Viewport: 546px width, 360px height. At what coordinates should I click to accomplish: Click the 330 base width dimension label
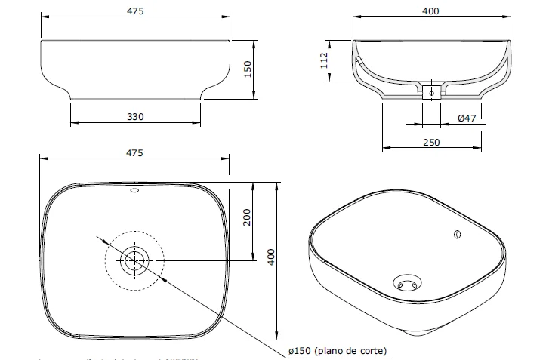click(x=135, y=116)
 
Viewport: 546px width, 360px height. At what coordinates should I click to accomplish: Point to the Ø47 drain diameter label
click(x=467, y=118)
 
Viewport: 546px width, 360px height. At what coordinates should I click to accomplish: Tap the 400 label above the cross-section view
click(x=430, y=11)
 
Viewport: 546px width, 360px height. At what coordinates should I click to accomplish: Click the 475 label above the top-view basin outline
click(x=134, y=152)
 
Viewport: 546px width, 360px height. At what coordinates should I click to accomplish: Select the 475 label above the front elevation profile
click(x=135, y=11)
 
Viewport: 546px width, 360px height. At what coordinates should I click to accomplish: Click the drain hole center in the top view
click(x=134, y=261)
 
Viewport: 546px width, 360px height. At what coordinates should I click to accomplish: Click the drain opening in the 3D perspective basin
click(x=406, y=284)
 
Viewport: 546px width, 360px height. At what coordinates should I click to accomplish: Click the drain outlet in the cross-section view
click(x=431, y=93)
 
